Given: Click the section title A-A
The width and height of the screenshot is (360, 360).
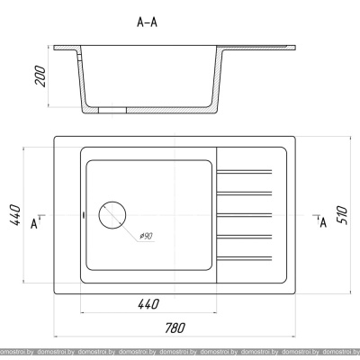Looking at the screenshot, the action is [147, 22].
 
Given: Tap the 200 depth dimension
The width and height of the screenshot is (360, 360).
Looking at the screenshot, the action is [40, 76].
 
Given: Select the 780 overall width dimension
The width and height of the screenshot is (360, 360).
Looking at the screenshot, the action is [175, 328].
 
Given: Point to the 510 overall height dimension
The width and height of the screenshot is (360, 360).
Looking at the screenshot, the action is [342, 215].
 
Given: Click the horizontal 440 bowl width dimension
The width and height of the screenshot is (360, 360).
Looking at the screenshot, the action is [148, 304].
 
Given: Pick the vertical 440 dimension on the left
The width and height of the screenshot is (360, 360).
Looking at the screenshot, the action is [15, 215].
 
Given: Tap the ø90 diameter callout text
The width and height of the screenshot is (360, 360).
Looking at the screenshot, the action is [147, 237].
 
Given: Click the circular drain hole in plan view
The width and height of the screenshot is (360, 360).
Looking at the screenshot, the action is [112, 215].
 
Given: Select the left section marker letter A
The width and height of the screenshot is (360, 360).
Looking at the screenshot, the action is [34, 224].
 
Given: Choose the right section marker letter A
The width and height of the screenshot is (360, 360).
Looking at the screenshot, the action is [323, 222].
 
